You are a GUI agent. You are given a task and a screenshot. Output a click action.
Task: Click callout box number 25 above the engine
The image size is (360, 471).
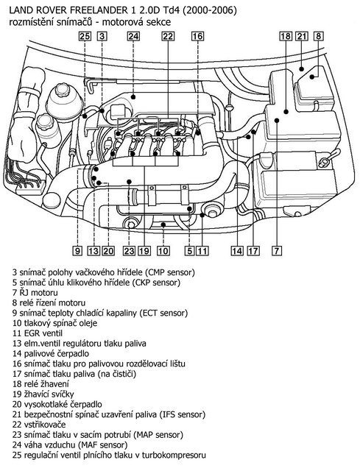click(x=85, y=35)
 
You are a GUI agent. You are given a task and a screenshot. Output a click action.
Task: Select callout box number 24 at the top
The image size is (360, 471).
click(x=133, y=35)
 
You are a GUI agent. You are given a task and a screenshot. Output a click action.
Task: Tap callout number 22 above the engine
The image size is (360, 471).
click(x=168, y=35)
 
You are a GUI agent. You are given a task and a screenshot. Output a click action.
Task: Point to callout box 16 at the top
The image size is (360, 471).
click(x=197, y=35)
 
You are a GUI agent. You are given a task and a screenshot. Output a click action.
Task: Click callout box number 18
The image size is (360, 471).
click(x=286, y=35)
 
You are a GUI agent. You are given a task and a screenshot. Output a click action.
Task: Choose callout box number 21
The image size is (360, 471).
click(x=302, y=35)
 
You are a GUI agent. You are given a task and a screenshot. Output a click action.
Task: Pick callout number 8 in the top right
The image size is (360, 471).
click(x=318, y=35)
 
